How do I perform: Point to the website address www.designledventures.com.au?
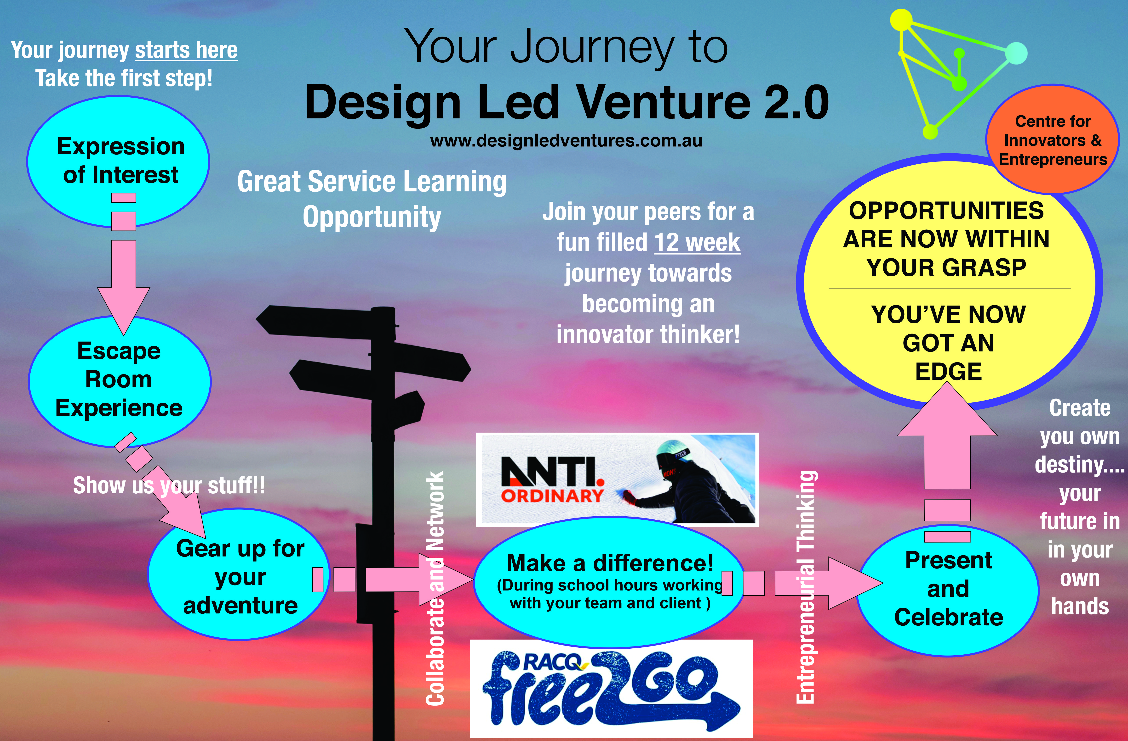pos(566,141)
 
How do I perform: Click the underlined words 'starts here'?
pos(186,50)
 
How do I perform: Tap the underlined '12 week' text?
pos(697,242)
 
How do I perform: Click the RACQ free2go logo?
pos(611,688)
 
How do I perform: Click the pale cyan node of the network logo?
pos(1015,53)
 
